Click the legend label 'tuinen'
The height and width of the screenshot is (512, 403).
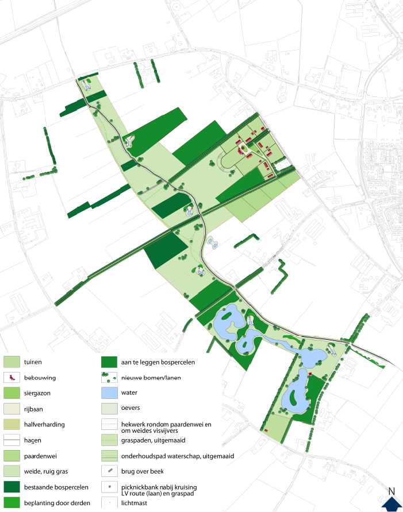tap(33, 362)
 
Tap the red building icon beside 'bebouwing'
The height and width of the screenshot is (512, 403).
tap(12, 378)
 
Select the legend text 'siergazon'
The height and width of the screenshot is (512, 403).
tap(39, 394)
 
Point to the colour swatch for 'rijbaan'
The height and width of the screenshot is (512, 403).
tap(12, 409)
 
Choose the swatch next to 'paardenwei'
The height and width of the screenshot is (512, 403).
tap(12, 456)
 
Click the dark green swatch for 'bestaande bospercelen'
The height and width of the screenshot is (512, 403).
tap(12, 487)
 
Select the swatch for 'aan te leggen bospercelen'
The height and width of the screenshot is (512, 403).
tap(109, 362)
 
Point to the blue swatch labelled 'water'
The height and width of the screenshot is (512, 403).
tap(109, 394)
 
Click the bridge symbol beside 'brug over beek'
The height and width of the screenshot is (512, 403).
tap(109, 472)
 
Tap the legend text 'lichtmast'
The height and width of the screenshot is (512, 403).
tap(135, 503)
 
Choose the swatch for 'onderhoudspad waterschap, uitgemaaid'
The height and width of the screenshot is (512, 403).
tap(109, 456)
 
